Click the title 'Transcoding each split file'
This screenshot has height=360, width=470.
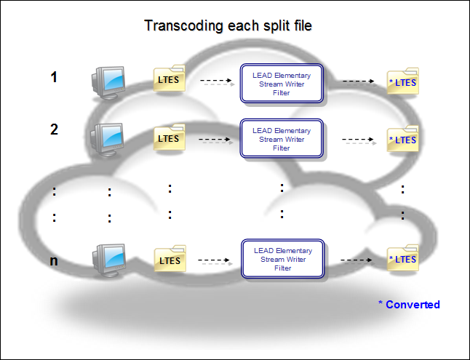tap(228, 26)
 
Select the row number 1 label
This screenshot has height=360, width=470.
tap(54, 76)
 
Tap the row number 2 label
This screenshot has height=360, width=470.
tap(54, 129)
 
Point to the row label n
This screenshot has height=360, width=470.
tap(54, 260)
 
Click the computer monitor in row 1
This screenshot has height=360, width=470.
tap(109, 81)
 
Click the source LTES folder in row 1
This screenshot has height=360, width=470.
tap(169, 79)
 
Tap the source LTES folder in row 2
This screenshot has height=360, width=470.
tap(169, 137)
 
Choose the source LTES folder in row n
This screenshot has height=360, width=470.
tap(169, 259)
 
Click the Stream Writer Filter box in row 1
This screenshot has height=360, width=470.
tap(281, 84)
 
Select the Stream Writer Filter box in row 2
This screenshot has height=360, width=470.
tap(281, 139)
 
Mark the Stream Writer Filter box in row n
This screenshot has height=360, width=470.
tap(282, 260)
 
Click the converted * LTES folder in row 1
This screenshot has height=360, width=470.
tap(402, 83)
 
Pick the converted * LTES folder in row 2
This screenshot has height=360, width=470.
tap(402, 139)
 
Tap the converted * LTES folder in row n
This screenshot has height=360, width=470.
tap(402, 259)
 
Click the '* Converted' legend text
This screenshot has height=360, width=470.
tap(409, 304)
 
